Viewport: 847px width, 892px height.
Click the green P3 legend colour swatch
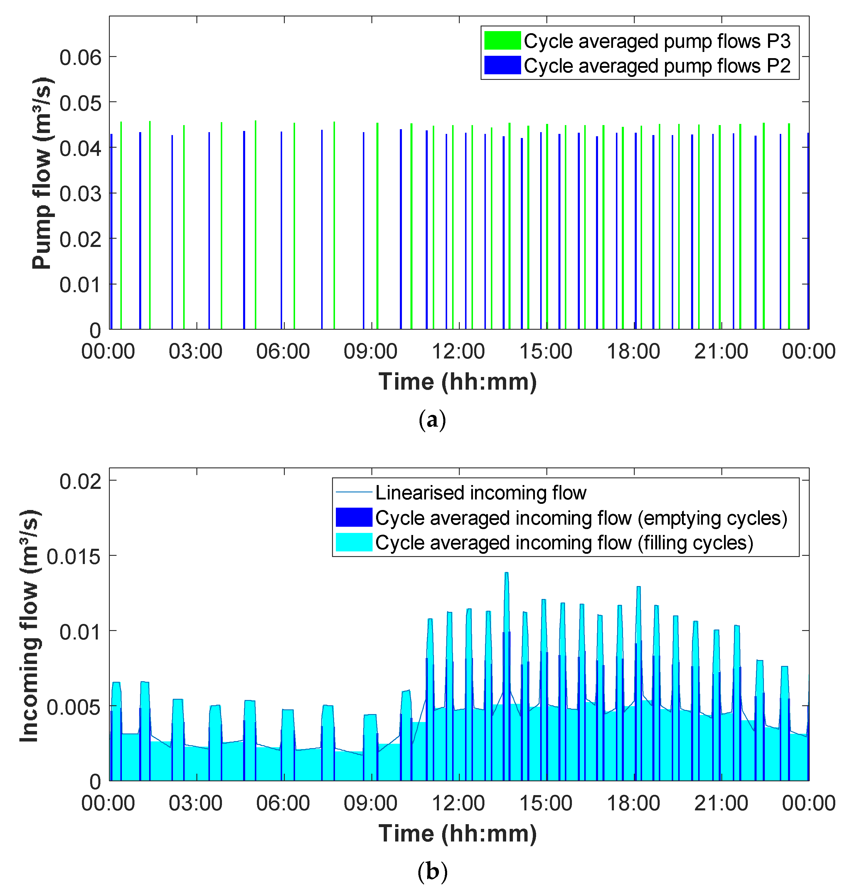click(x=502, y=41)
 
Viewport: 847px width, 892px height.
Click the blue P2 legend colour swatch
click(x=502, y=65)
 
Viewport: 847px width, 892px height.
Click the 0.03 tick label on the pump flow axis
click(x=80, y=194)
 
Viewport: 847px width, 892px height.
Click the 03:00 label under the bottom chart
click(x=196, y=804)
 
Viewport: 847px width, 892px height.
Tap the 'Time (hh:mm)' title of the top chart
click(x=458, y=382)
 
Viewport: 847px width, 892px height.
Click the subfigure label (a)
click(x=432, y=420)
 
